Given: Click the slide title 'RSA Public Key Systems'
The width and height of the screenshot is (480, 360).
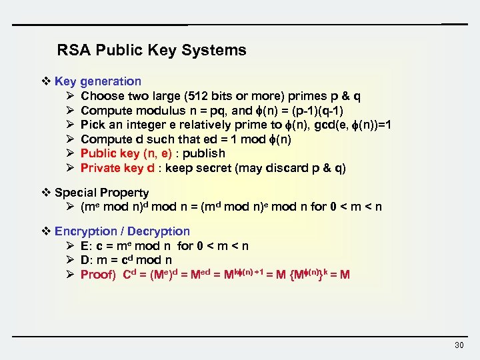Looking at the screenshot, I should click(x=151, y=50).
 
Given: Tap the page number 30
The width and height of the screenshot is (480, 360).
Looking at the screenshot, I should click(x=458, y=345).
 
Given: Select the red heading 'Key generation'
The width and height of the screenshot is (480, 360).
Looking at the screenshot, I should click(x=98, y=81).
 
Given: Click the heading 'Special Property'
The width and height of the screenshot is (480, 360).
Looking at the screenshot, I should click(x=101, y=193).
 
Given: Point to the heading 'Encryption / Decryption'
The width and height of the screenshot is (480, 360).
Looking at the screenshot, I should click(x=122, y=231).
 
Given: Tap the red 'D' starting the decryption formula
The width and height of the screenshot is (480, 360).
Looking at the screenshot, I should click(x=85, y=261).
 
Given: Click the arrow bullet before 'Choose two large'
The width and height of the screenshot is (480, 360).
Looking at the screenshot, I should click(x=69, y=96).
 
